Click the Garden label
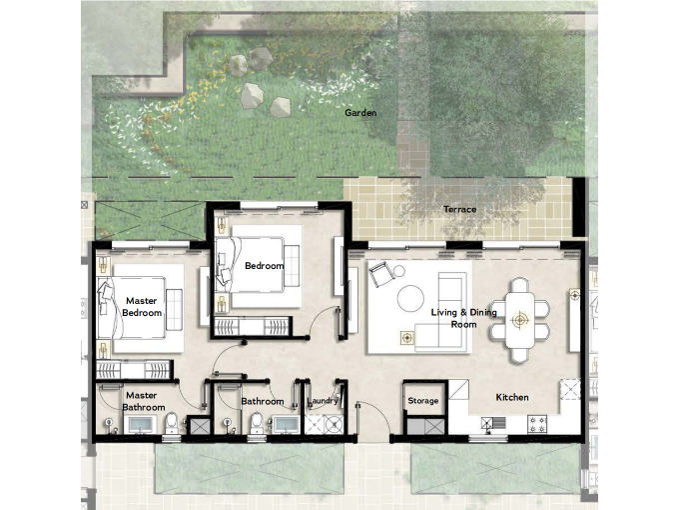pos(360,113)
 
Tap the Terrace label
pos(460,209)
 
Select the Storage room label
pos(423,401)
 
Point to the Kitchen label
pos(512,397)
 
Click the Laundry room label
pos(323,401)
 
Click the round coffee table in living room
pos(411,298)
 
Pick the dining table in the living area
pos(519,320)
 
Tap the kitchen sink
pos(493,422)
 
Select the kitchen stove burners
pos(537,424)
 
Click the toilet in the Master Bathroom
pos(172,423)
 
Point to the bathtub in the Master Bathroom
pos(141,425)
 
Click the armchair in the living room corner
pos(380,275)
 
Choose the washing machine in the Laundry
pos(334,424)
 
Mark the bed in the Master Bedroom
pos(132,308)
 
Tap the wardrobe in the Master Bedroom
pos(134,370)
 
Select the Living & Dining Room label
pos(463,318)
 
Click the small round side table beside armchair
pos(398,271)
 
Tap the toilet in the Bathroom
pos(257,423)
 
